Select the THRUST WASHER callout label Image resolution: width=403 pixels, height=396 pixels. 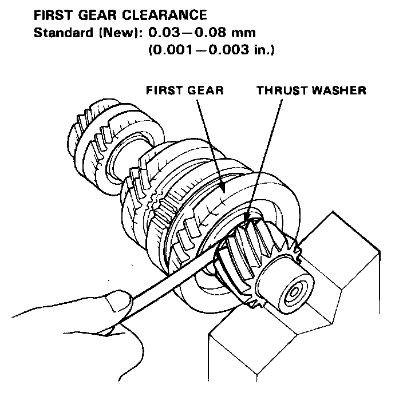(x=311, y=90)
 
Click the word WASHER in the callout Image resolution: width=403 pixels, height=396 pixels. (x=341, y=90)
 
